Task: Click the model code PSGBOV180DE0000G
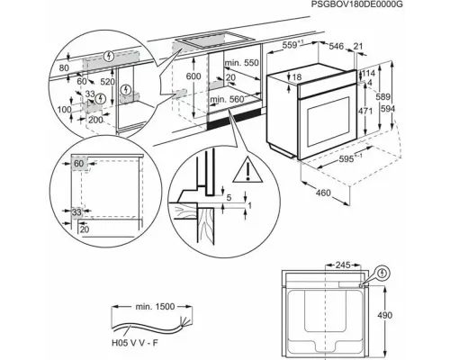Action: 356,4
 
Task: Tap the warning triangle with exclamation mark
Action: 247,169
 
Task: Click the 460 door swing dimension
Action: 323,193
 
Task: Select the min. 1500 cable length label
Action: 155,307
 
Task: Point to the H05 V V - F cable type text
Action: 135,343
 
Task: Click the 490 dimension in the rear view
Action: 384,315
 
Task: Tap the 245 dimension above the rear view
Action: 343,265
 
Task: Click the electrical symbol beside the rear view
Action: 382,274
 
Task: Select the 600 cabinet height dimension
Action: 193,76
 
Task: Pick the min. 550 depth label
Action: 241,63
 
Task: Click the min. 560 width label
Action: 227,99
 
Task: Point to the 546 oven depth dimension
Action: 337,46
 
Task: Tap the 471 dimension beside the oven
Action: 365,111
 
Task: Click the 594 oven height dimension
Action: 388,109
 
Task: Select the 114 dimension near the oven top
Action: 368,73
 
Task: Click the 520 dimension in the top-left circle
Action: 108,82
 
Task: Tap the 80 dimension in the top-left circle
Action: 64,68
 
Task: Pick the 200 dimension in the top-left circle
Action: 95,120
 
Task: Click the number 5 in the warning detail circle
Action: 229,197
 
